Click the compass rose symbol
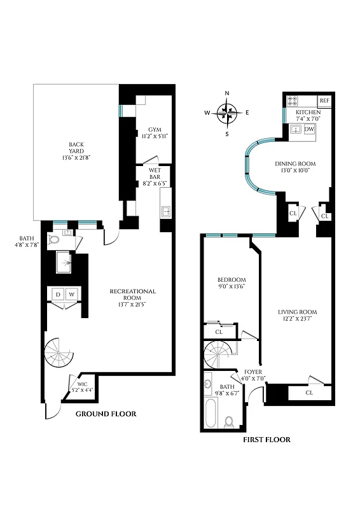click(226, 114)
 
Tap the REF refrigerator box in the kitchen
click(324, 101)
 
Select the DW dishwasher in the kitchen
click(310, 129)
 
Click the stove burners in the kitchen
click(294, 101)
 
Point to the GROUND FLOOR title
click(106, 414)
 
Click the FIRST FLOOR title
click(267, 439)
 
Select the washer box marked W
click(72, 294)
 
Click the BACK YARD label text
click(76, 147)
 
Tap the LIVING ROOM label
click(297, 312)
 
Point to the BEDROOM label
click(232, 280)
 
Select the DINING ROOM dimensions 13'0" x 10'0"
click(295, 171)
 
